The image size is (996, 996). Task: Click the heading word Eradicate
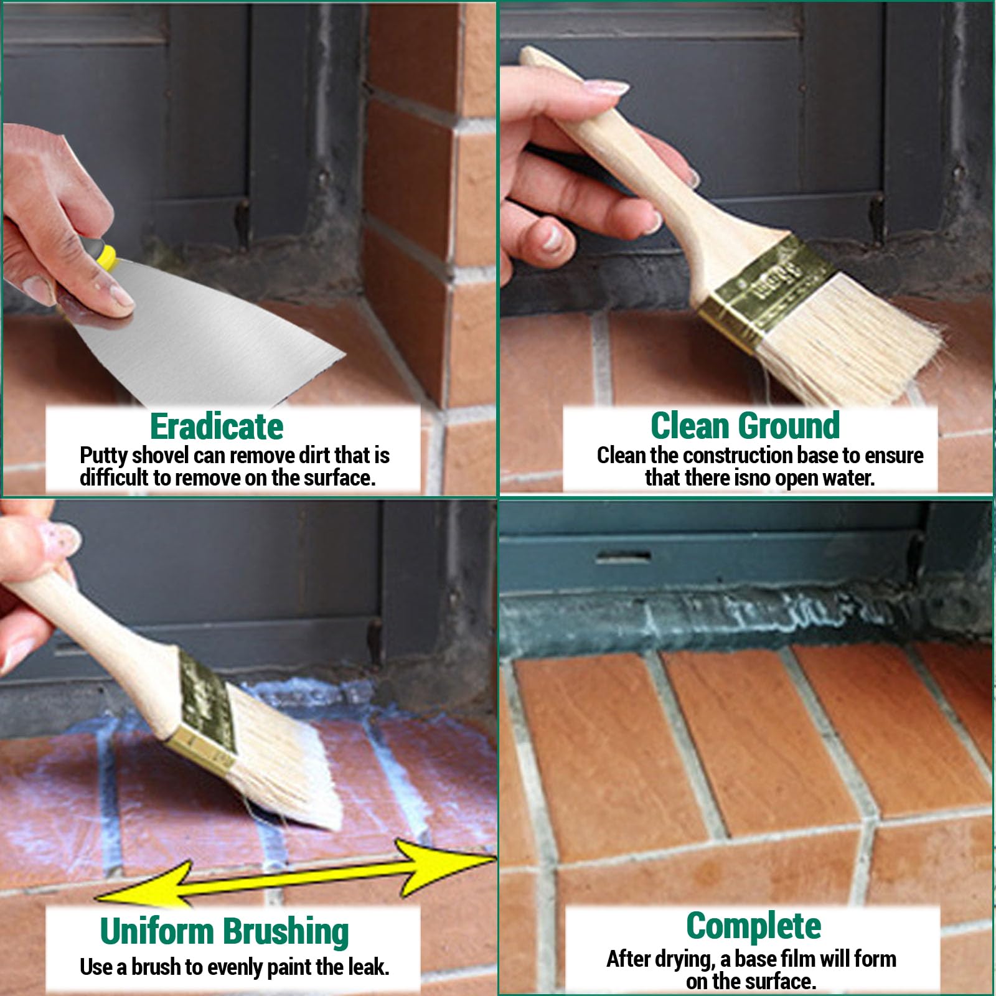pyautogui.click(x=217, y=426)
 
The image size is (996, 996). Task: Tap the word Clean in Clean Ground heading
pyautogui.click(x=690, y=426)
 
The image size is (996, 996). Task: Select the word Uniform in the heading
pyautogui.click(x=157, y=931)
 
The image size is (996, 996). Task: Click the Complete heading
pyautogui.click(x=753, y=927)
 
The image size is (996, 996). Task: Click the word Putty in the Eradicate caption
pyautogui.click(x=103, y=456)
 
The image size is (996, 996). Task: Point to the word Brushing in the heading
pyautogui.click(x=286, y=933)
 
